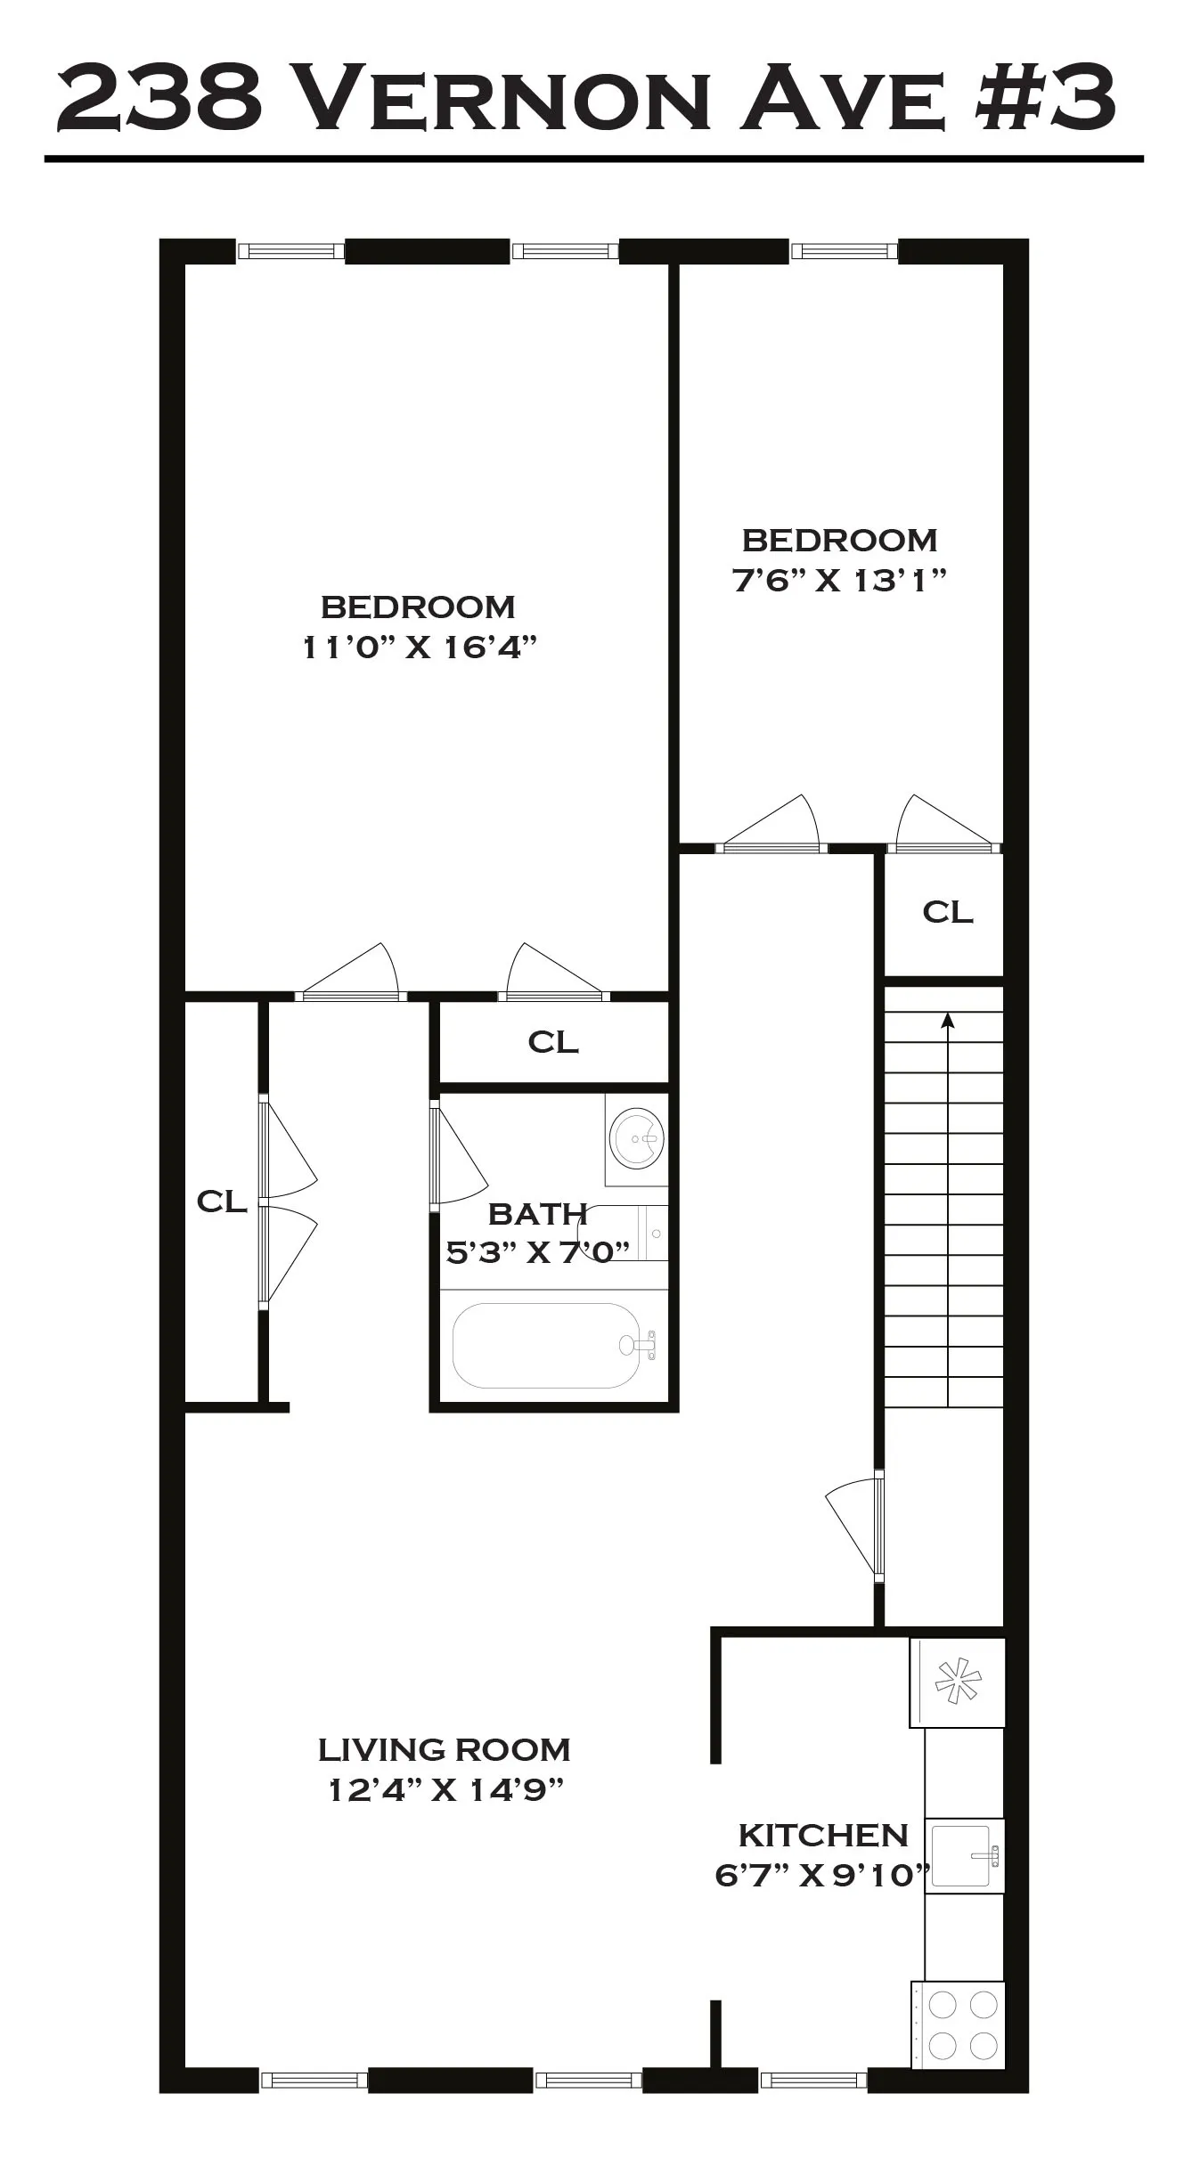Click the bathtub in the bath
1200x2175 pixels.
pos(545,1346)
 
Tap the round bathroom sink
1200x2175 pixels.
pos(636,1138)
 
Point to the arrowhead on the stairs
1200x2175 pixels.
pos(947,1021)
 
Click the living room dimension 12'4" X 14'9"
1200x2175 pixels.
pos(445,1789)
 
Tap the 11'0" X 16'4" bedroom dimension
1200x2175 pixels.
pos(419,648)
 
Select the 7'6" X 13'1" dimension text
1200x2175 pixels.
pos(838,581)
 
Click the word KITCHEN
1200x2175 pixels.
pos(822,1836)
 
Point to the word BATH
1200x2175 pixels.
pos(537,1214)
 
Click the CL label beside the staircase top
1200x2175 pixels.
pos(947,912)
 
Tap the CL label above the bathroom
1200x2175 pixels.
pos(553,1041)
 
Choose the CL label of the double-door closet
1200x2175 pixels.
pos(221,1202)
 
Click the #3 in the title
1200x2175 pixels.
pos(1045,98)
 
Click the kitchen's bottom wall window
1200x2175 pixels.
pos(812,2081)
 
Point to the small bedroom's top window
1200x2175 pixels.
pos(844,252)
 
